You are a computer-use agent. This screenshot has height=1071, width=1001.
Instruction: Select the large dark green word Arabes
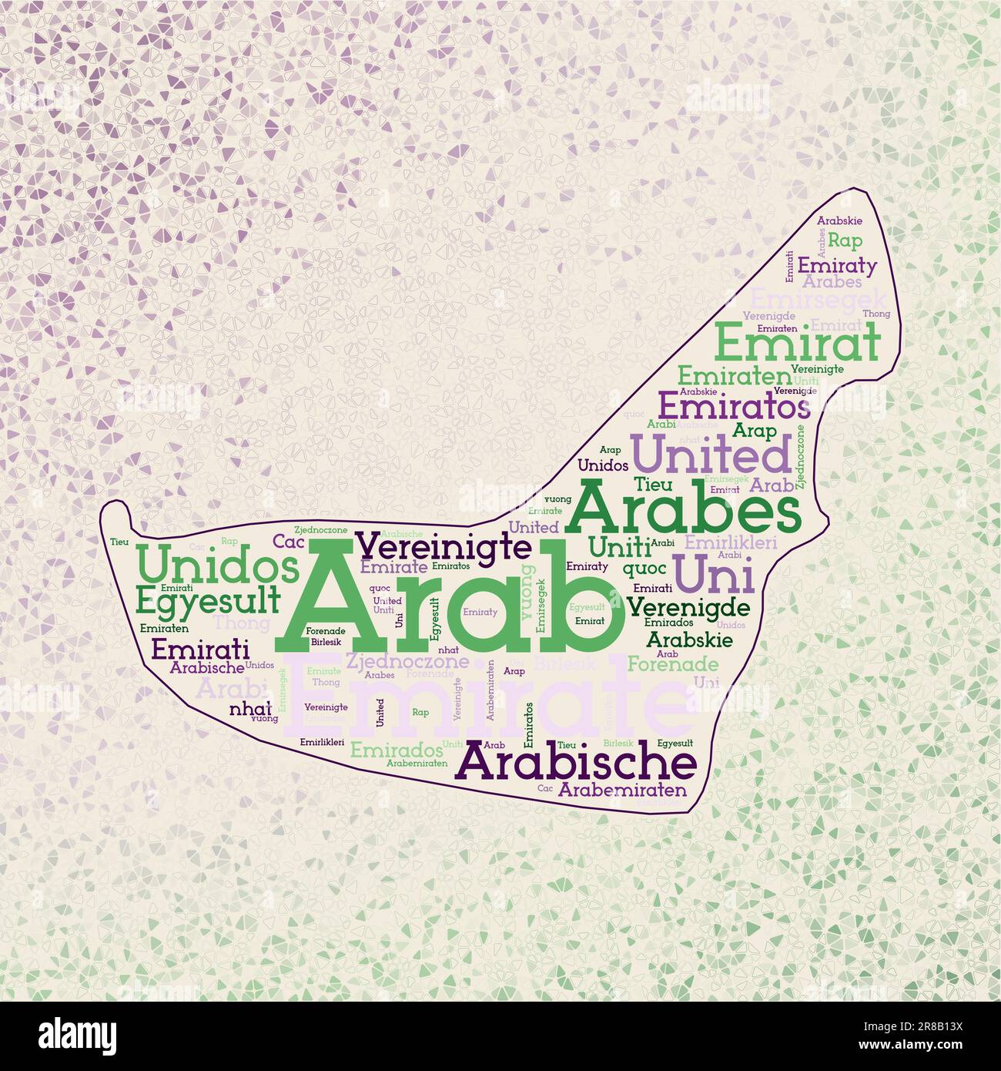point(683,508)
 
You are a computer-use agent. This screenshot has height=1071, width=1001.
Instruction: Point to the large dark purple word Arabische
point(577,764)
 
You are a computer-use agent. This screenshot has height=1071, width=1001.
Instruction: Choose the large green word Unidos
point(217,566)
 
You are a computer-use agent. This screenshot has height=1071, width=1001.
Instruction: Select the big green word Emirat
point(798,344)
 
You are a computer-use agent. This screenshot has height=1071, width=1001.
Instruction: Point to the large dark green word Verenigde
point(688,606)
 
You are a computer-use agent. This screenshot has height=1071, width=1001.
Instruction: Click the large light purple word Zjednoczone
point(407,660)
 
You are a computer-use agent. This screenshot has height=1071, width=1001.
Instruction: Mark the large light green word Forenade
point(673,663)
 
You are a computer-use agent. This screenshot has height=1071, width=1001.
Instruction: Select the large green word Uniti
point(619,546)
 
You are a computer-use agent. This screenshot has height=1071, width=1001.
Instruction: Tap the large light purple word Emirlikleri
point(731,542)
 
